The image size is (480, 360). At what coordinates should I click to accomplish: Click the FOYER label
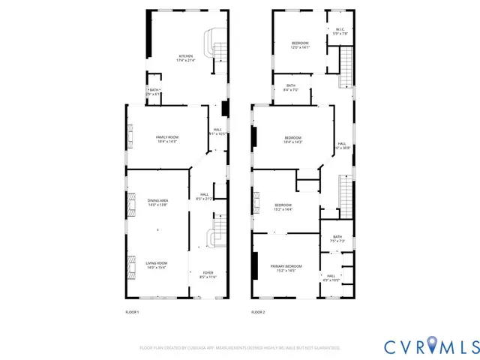pyautogui.click(x=207, y=275)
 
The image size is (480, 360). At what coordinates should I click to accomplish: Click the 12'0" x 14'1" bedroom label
pyautogui.click(x=300, y=45)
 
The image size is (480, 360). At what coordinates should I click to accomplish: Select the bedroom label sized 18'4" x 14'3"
pyautogui.click(x=293, y=139)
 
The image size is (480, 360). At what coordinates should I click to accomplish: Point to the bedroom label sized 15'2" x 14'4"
pyautogui.click(x=283, y=207)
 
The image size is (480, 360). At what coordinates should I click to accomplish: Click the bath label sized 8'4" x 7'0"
pyautogui.click(x=291, y=88)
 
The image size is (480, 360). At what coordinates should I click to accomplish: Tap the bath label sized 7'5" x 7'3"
pyautogui.click(x=337, y=239)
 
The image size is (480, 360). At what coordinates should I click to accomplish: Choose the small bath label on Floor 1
pyautogui.click(x=154, y=92)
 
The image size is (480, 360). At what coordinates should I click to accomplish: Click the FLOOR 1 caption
pyautogui.click(x=132, y=312)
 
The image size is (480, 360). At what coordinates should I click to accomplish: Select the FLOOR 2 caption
pyautogui.click(x=258, y=312)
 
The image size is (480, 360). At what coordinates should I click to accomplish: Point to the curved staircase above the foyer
pyautogui.click(x=214, y=232)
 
